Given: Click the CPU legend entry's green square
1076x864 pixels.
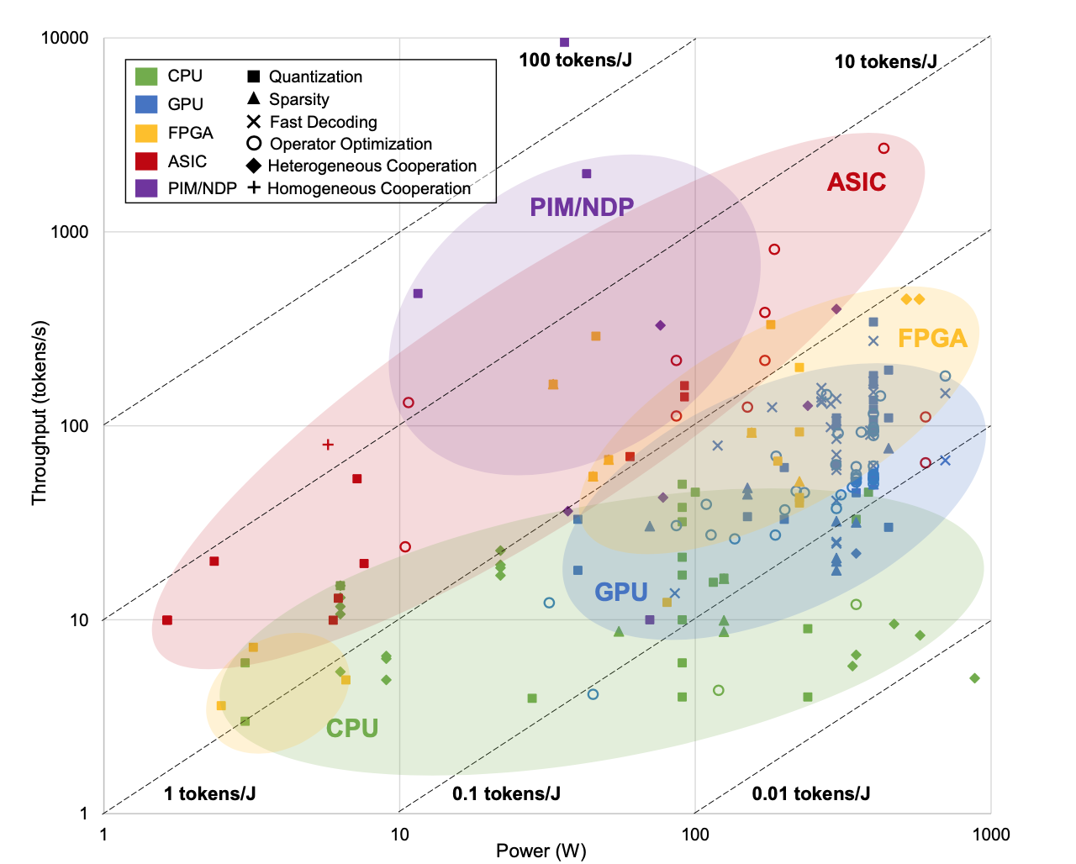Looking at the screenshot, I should (x=146, y=76).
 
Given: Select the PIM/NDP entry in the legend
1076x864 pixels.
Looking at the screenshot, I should (x=202, y=188).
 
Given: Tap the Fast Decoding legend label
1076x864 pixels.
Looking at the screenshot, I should (x=323, y=122).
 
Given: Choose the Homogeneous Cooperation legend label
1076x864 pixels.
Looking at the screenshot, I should (x=368, y=188).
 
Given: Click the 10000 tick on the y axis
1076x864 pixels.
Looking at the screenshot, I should (x=65, y=38).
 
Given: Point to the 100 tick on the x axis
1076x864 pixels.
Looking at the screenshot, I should (x=695, y=834).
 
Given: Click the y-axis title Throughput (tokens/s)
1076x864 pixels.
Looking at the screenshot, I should (x=39, y=413).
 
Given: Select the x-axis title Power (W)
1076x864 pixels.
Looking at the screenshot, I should (x=541, y=851).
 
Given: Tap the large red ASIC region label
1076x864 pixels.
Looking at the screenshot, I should (x=857, y=182).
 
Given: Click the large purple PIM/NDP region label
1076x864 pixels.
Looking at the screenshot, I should (x=582, y=207).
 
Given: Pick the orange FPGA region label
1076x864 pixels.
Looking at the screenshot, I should (x=932, y=338).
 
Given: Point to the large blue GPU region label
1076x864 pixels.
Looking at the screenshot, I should (x=621, y=592).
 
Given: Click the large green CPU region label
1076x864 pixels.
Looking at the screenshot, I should (x=352, y=728).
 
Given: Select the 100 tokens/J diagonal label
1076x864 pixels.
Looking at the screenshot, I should (x=575, y=60).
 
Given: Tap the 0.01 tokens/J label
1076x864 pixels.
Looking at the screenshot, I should (x=810, y=793).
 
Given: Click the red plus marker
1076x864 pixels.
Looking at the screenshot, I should (x=328, y=445).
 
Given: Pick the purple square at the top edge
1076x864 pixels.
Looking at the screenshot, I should (x=565, y=42).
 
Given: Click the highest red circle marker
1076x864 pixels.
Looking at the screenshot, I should (x=883, y=149).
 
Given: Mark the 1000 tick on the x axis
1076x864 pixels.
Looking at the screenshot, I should (x=991, y=834).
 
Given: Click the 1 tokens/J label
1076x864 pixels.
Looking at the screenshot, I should (x=209, y=793).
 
